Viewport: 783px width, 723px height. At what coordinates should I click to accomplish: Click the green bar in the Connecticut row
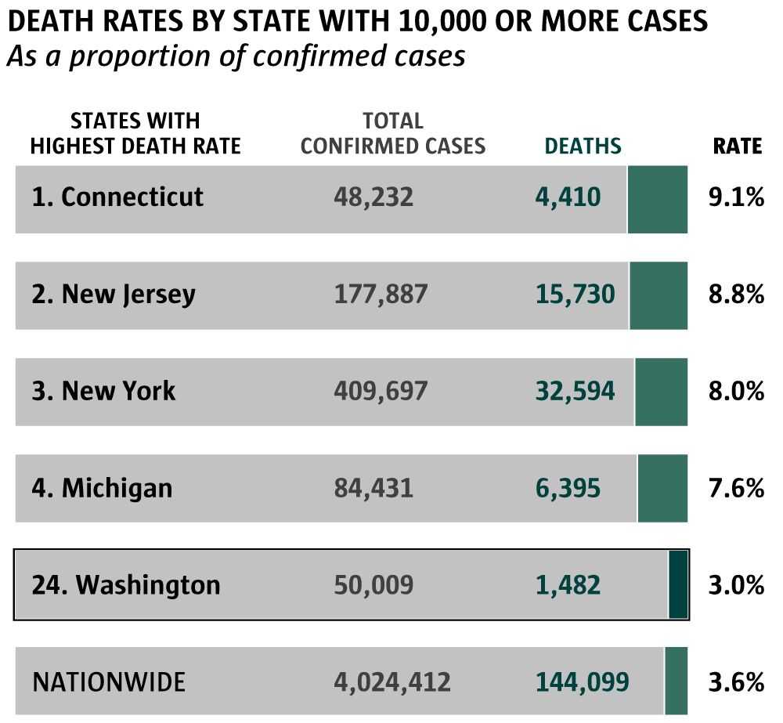[658, 199]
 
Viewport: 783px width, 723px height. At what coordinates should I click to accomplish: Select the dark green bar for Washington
[678, 584]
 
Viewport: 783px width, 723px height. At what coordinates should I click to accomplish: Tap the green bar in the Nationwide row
[676, 681]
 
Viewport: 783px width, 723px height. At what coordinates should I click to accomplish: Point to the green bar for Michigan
[662, 488]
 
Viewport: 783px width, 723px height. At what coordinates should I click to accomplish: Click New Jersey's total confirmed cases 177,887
[381, 295]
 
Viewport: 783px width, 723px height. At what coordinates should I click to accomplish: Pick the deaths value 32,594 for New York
[576, 391]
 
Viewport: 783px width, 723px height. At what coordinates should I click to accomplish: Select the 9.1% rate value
[736, 197]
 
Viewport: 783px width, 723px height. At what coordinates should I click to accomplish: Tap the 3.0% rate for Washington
[736, 584]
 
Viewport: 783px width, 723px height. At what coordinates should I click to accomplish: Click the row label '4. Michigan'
[102, 488]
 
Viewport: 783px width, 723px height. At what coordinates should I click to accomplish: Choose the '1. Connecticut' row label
[117, 197]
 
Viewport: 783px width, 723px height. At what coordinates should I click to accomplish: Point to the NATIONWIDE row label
[109, 681]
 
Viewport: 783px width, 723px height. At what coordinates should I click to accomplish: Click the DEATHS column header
[583, 146]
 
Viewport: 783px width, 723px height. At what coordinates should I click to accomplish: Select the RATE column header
[737, 146]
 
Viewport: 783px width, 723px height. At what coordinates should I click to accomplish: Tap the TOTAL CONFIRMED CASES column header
[393, 134]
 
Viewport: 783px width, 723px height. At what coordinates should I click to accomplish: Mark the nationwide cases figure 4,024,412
[392, 681]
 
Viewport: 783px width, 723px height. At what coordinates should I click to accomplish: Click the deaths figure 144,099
[583, 681]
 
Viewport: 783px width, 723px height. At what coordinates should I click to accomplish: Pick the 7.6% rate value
[736, 488]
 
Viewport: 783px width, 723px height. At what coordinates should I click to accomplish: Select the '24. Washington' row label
[126, 584]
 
